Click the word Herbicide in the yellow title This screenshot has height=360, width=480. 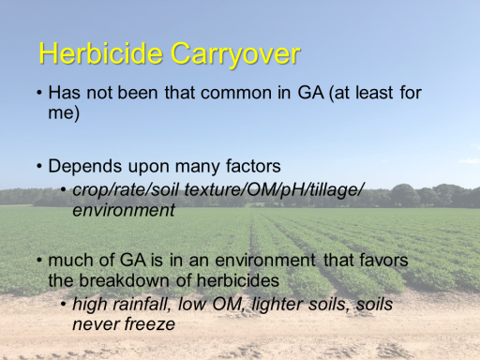pos(101,53)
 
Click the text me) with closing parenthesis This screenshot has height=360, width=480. pos(64,113)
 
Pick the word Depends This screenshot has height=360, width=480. pos(85,167)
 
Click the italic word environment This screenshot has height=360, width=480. pos(124,210)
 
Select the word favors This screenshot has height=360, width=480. pos(383,260)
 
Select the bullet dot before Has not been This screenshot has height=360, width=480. pos(39,93)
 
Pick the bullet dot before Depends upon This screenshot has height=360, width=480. pos(39,166)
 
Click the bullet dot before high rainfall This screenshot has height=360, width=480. pos(64,305)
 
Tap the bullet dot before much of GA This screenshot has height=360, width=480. pos(39,261)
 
